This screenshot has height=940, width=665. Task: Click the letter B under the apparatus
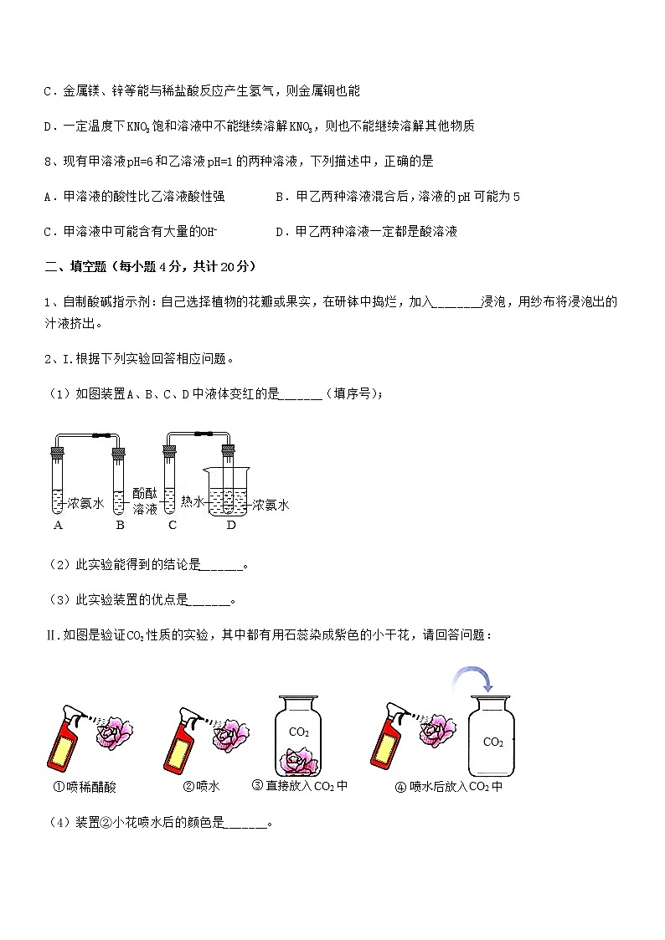(x=120, y=526)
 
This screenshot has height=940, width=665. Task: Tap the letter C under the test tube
(x=173, y=526)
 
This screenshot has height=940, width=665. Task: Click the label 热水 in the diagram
(x=193, y=502)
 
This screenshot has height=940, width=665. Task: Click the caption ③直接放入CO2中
(x=299, y=786)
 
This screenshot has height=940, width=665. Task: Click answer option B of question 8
(x=398, y=197)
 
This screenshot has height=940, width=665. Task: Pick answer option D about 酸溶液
(x=366, y=232)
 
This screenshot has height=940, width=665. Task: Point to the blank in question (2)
(x=222, y=565)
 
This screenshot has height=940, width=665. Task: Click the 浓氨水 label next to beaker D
(x=271, y=505)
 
